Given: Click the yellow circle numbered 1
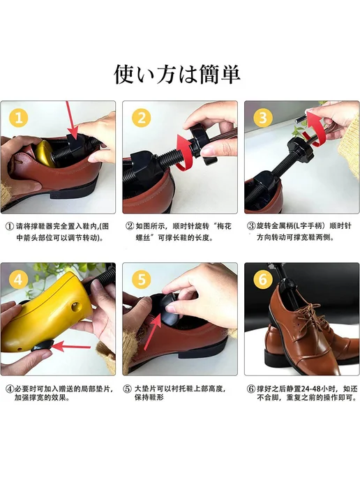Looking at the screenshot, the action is tap(19, 118).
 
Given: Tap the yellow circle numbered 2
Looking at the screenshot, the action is tap(142, 118).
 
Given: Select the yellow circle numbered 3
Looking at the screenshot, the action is tap(263, 118).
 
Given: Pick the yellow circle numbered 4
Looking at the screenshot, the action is tap(19, 280).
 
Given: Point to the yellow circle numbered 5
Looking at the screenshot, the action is tap(142, 280).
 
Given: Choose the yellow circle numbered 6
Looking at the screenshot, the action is tap(263, 280).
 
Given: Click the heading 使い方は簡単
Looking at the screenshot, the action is tap(177, 74).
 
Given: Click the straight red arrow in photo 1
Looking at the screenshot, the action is tap(72, 119).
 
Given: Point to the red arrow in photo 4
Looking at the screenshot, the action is tap(71, 347).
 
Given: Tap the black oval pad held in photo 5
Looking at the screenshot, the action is tap(170, 310).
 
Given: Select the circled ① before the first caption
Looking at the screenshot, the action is tap(10, 227).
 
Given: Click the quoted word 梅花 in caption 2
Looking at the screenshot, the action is tap(224, 227).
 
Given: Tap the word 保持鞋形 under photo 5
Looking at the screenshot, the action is tap(149, 398).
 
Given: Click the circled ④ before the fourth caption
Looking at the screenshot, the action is tap(10, 389).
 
